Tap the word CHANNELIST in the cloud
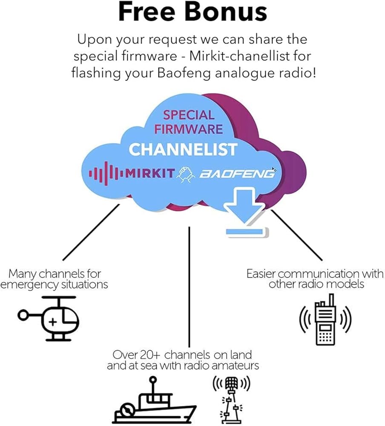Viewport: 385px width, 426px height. [183, 150]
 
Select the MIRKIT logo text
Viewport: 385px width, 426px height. [149, 173]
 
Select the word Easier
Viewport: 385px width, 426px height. [263, 273]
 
